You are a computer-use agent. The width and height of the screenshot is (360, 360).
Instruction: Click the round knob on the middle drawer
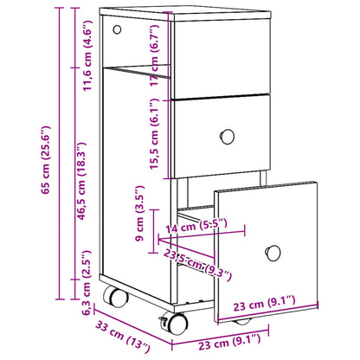pos(228,136)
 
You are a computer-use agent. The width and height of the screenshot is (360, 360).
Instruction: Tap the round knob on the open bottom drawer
pos(273,252)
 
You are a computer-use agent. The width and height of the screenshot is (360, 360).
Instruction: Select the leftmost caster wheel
pos(114,297)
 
